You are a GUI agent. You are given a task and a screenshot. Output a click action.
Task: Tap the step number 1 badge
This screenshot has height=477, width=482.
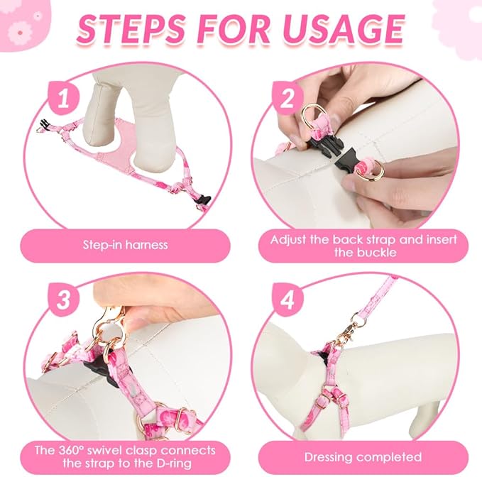63,98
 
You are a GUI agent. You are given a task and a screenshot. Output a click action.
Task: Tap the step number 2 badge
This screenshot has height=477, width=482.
287,98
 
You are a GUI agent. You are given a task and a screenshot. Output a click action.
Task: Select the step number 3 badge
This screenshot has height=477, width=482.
63,300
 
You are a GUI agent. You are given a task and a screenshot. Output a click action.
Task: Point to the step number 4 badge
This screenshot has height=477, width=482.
287,300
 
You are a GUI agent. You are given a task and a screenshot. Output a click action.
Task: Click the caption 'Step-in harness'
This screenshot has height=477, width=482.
126,245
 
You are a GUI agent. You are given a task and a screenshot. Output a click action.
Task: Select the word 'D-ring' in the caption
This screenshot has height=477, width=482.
172,464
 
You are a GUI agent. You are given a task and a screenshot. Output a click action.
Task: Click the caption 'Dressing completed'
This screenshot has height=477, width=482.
363,457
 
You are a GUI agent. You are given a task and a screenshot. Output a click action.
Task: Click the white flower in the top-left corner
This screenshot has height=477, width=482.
20,32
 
